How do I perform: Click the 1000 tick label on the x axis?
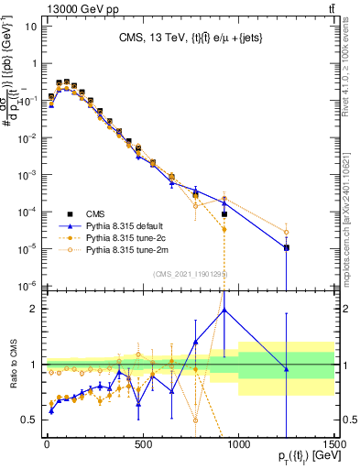(238, 446)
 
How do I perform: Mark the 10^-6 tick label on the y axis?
(25, 285)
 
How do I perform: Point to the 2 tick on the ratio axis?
(31, 309)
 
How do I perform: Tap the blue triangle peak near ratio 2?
(224, 310)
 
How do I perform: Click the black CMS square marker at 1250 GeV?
(287, 247)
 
